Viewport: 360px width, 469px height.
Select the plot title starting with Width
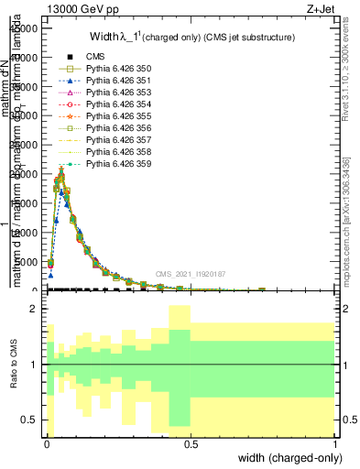point(191,38)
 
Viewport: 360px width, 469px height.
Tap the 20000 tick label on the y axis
point(23,174)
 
